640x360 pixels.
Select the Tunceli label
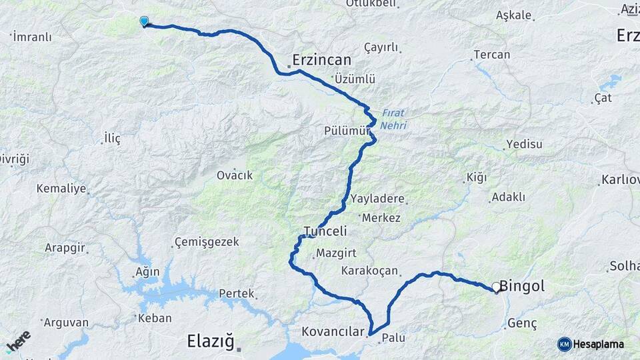point(325,231)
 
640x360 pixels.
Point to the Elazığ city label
point(210,343)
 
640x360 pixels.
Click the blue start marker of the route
point(144,21)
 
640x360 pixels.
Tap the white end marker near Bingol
point(496,288)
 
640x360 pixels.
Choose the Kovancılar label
point(333,331)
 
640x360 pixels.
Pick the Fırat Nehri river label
point(394,119)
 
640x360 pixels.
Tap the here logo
point(18,341)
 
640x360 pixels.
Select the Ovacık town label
point(235,175)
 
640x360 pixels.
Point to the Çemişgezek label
point(206,242)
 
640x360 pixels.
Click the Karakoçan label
point(369,271)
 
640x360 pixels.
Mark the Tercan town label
point(491,55)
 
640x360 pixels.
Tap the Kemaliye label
point(61,189)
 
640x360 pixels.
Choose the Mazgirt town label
point(337,253)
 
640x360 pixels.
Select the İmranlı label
point(32,37)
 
